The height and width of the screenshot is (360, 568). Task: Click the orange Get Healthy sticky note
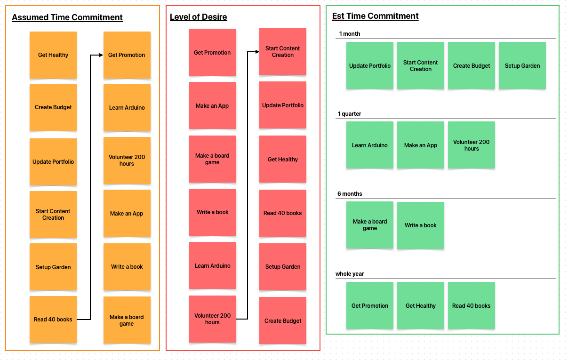click(53, 55)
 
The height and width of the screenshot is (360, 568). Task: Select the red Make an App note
click(212, 105)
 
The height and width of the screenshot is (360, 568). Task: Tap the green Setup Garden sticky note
click(522, 65)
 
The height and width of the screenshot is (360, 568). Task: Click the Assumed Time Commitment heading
click(67, 17)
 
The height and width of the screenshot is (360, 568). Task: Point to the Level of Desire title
click(198, 17)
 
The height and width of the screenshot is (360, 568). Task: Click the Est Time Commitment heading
click(375, 16)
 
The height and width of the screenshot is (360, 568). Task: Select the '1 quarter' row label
click(349, 114)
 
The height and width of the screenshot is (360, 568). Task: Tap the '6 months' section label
click(350, 194)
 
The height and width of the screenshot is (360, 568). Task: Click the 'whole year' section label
click(350, 274)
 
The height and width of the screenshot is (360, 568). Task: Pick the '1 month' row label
click(350, 34)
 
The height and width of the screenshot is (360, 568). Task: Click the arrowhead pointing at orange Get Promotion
click(100, 55)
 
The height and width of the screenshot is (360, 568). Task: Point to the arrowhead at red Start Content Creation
click(256, 52)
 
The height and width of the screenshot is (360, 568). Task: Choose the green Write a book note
click(421, 225)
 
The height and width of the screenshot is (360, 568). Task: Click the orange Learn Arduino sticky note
click(127, 108)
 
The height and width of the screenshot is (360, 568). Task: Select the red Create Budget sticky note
click(283, 320)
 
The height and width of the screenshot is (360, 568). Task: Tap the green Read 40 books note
click(472, 305)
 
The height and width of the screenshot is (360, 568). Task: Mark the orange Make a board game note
click(127, 320)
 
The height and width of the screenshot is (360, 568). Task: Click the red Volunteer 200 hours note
click(213, 319)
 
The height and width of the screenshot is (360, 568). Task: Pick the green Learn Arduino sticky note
click(370, 145)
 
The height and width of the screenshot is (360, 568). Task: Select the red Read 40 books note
click(283, 213)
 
